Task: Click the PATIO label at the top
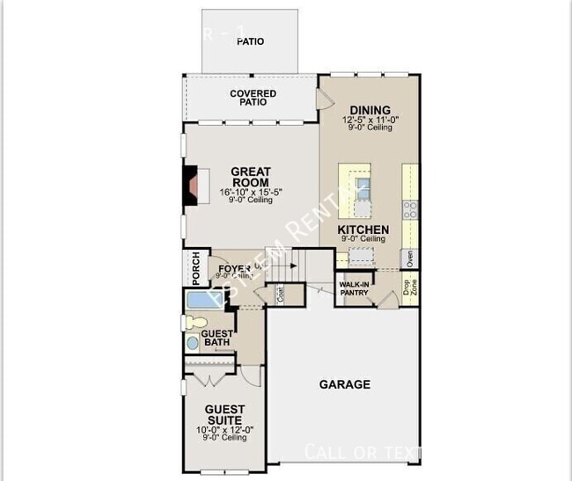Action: click(x=250, y=41)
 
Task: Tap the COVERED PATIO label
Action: click(x=253, y=98)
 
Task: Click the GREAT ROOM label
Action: click(x=250, y=177)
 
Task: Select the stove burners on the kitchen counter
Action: click(x=410, y=208)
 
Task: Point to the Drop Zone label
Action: click(x=410, y=287)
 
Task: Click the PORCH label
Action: click(x=195, y=269)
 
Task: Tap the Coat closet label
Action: click(x=279, y=295)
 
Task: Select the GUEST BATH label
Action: click(x=216, y=339)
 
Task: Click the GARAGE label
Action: click(x=344, y=384)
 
